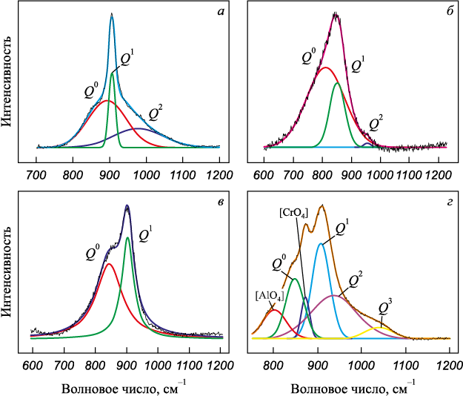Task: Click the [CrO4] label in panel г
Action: coord(290,214)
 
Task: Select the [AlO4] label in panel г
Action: coord(267,295)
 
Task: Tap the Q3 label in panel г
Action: coord(384,306)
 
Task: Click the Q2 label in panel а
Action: coord(156,113)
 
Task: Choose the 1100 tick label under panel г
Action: coord(404,364)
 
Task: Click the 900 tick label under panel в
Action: coord(126,364)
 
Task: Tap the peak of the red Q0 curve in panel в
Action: coord(108,263)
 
